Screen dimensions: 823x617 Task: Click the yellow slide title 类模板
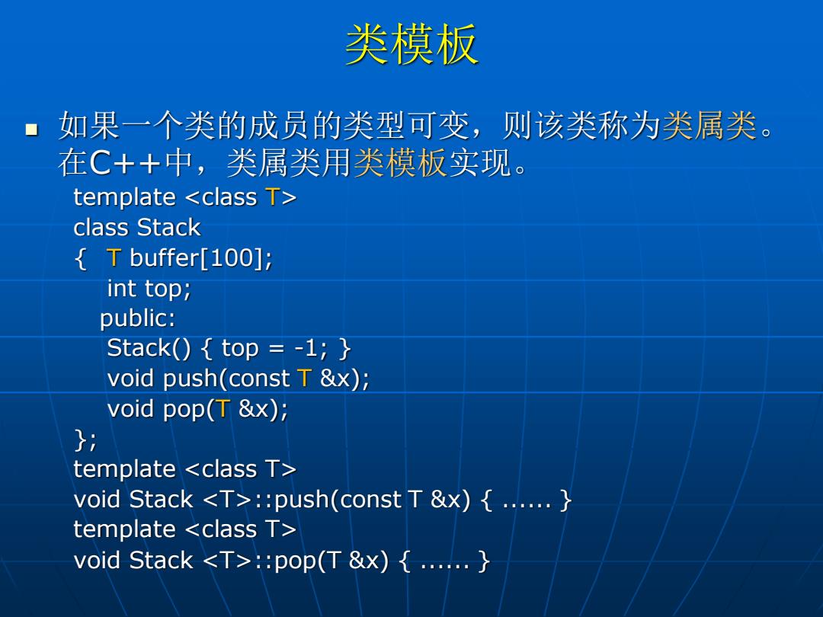click(x=411, y=44)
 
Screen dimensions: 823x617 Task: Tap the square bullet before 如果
click(x=32, y=129)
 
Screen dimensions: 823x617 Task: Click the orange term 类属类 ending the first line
click(x=709, y=126)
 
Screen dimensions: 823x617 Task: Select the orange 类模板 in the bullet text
click(x=400, y=162)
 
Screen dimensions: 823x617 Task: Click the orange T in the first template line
click(x=273, y=197)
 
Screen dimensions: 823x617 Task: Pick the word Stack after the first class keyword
click(x=168, y=228)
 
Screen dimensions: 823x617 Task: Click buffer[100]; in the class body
click(x=201, y=258)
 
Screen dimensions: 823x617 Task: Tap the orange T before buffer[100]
click(x=114, y=257)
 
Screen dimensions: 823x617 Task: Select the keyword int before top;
click(x=122, y=288)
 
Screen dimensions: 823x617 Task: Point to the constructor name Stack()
click(x=149, y=348)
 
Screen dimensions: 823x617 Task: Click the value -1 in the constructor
click(x=306, y=348)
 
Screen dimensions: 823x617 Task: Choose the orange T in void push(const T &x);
click(x=304, y=379)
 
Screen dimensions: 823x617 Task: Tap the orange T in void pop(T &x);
click(x=223, y=409)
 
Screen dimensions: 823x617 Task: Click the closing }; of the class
click(x=86, y=440)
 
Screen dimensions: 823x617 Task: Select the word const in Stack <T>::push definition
click(x=370, y=500)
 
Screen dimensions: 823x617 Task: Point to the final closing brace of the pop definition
click(x=484, y=561)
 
